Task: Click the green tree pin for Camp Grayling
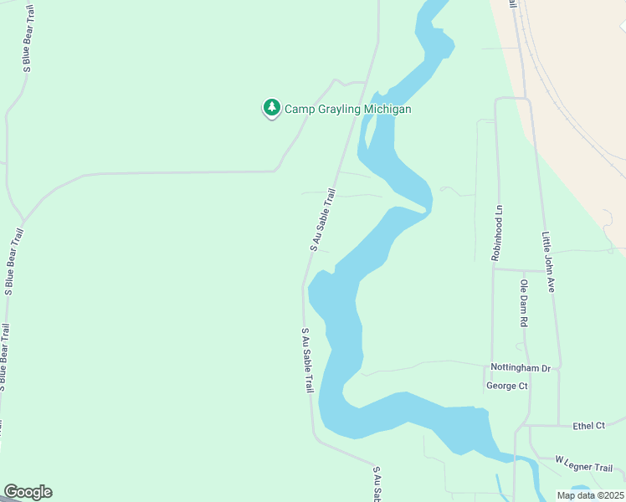tap(271, 108)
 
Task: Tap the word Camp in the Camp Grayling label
tap(300, 109)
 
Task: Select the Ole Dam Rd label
tap(524, 303)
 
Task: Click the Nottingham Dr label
tap(521, 368)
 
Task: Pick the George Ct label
tap(506, 386)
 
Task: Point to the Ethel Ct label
tap(588, 426)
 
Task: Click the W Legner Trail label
tap(584, 463)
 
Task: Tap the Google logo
tap(28, 492)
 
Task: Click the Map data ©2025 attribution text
tap(589, 494)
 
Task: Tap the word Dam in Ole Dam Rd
tap(524, 302)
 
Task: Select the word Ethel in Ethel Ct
tap(584, 426)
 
